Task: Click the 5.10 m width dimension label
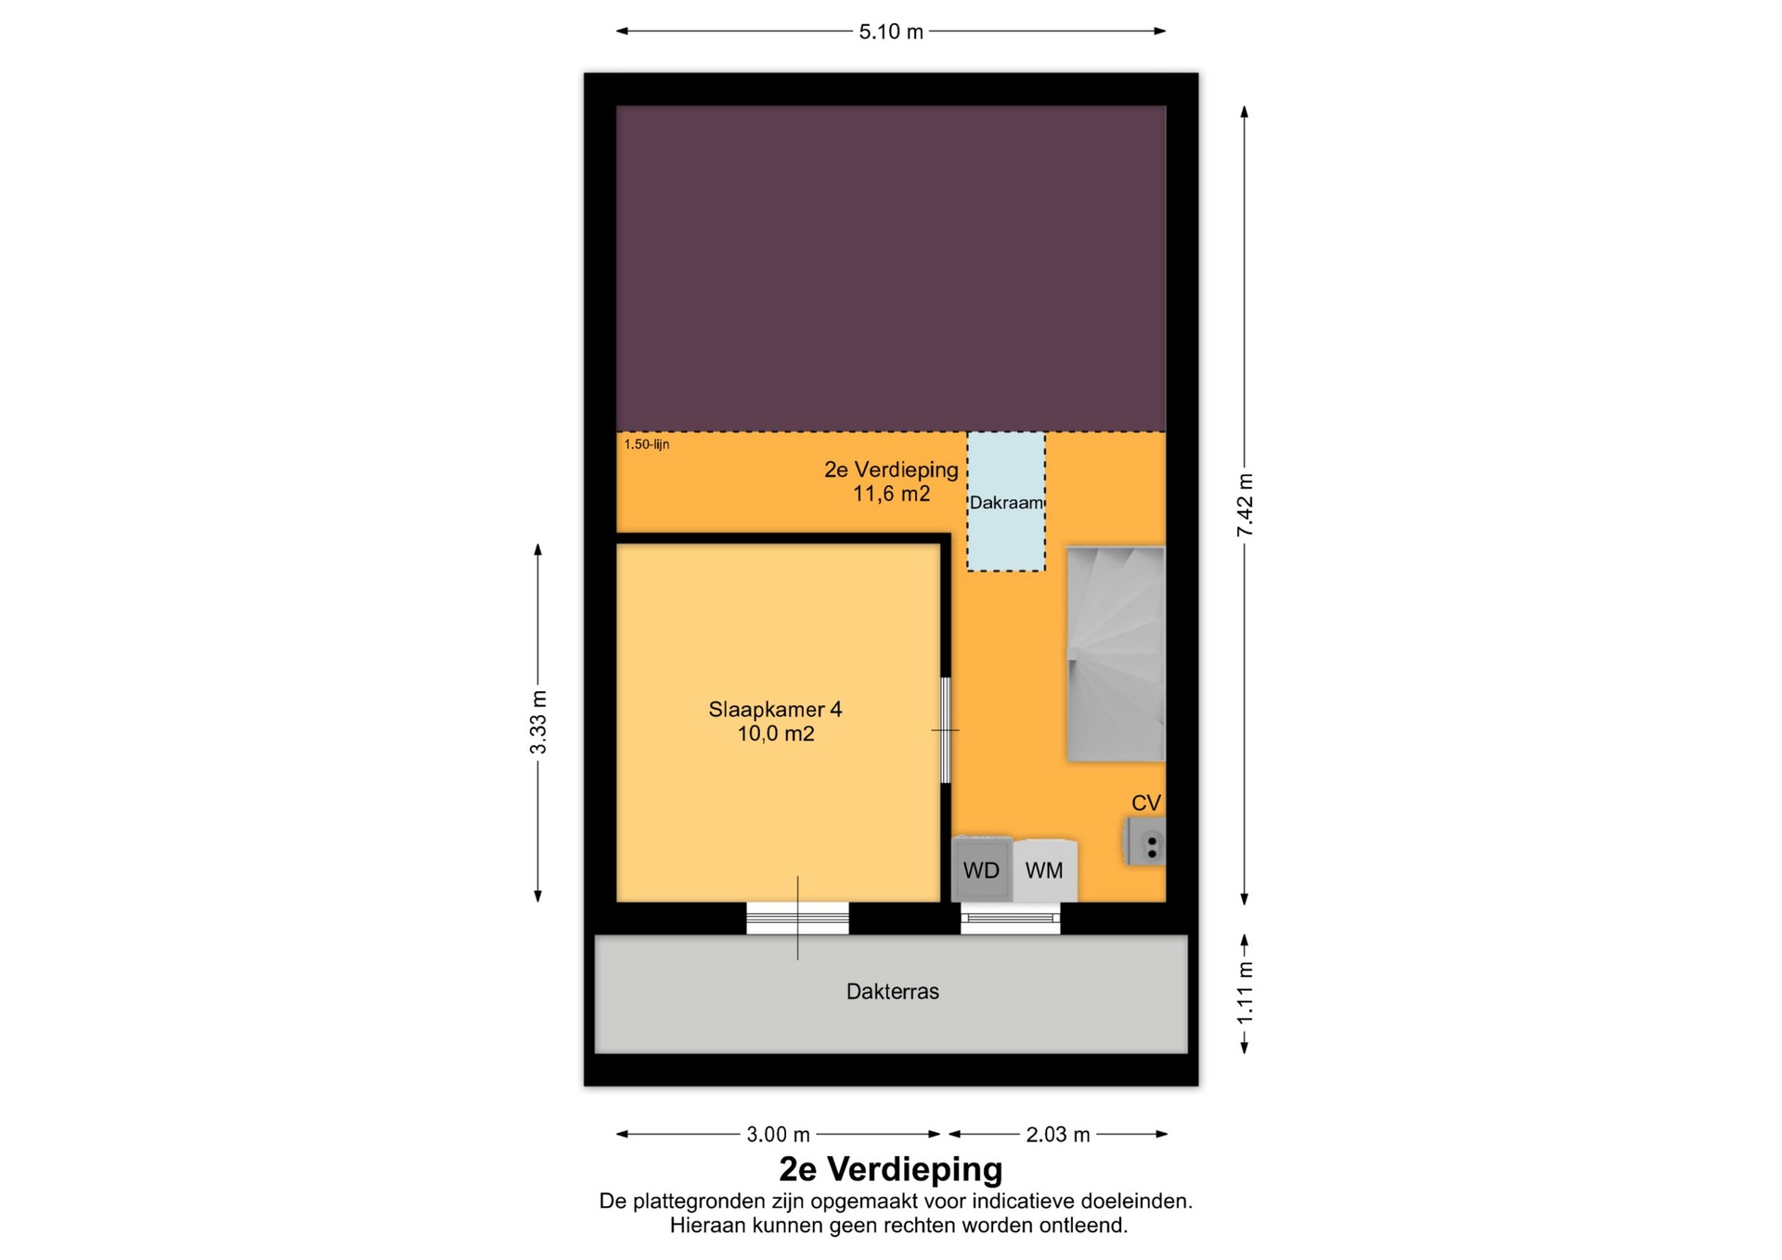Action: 891,32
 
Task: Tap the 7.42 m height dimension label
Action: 1245,505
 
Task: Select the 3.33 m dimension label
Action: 538,723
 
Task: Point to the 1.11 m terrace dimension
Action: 1245,993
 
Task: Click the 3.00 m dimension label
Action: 779,1134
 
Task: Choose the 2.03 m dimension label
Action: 1058,1134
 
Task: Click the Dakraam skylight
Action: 1006,502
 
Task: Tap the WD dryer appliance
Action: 982,869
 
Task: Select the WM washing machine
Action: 1045,870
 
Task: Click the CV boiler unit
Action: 1146,842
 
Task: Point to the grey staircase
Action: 1116,654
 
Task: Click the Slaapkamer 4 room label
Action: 776,710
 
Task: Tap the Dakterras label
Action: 893,992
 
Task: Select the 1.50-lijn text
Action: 647,444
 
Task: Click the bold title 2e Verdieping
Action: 891,1169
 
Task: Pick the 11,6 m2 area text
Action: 892,494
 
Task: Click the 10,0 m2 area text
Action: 776,734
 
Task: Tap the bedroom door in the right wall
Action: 946,730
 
